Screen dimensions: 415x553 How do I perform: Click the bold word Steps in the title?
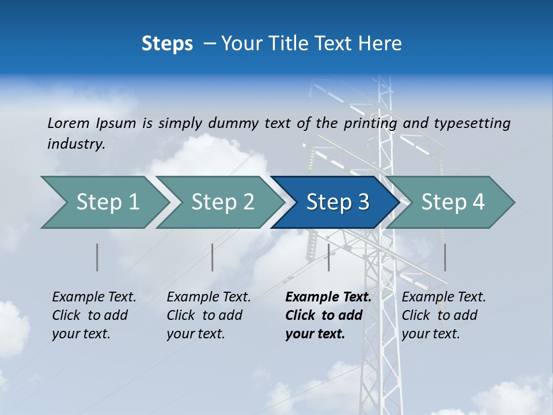[x=167, y=44]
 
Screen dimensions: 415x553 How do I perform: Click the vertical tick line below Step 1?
[x=97, y=257]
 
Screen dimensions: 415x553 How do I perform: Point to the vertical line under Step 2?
[x=213, y=257]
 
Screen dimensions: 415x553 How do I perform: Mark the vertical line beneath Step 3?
[x=328, y=257]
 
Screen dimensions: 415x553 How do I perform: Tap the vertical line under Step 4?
[x=445, y=257]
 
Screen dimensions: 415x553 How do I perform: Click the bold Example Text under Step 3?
[x=328, y=297]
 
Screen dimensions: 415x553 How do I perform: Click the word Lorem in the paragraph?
[x=68, y=123]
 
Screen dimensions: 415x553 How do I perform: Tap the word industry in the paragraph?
[x=76, y=144]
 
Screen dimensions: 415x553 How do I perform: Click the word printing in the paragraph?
[x=370, y=123]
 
